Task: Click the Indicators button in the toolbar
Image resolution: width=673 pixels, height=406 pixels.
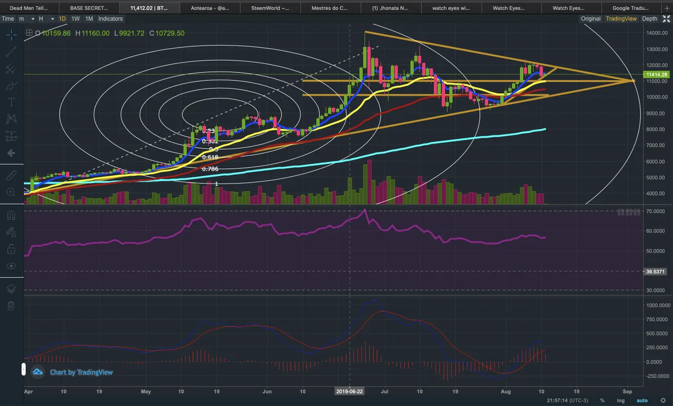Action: pyautogui.click(x=110, y=18)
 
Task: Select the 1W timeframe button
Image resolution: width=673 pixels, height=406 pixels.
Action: pyautogui.click(x=76, y=18)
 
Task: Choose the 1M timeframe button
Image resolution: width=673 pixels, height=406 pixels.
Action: pyautogui.click(x=89, y=18)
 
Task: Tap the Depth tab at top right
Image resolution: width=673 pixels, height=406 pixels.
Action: pyautogui.click(x=649, y=18)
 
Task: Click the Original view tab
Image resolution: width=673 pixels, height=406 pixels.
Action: pyautogui.click(x=590, y=18)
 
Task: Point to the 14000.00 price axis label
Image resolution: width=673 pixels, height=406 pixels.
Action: pyautogui.click(x=657, y=33)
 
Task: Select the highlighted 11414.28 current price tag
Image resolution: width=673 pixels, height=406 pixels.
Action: pyautogui.click(x=657, y=75)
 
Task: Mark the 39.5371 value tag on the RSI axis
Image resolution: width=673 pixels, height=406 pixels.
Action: pyautogui.click(x=656, y=271)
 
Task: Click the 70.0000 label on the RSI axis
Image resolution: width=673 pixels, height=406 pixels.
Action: pyautogui.click(x=656, y=211)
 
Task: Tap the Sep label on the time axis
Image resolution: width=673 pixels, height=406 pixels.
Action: pyautogui.click(x=627, y=391)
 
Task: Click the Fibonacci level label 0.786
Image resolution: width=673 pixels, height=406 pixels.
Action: pyautogui.click(x=210, y=169)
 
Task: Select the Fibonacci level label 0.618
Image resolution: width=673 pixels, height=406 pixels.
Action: pyautogui.click(x=210, y=157)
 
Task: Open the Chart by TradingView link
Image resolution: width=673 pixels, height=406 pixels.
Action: pyautogui.click(x=81, y=372)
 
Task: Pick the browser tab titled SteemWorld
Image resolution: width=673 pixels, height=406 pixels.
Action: pyautogui.click(x=270, y=8)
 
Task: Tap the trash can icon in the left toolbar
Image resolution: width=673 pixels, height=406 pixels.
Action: pyautogui.click(x=11, y=306)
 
